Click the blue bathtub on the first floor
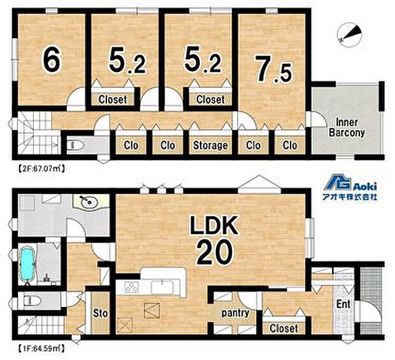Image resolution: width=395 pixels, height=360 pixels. click(x=27, y=264)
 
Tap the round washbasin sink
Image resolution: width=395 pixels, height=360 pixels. click(x=87, y=202)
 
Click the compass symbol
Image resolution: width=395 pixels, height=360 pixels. click(x=350, y=36)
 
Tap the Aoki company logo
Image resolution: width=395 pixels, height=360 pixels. click(x=350, y=187)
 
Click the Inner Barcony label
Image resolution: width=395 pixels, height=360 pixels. click(x=347, y=127)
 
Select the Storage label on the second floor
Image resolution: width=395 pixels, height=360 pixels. click(x=210, y=145)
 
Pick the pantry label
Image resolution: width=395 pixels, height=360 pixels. click(x=235, y=313)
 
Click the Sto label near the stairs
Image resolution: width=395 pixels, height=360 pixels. click(x=100, y=313)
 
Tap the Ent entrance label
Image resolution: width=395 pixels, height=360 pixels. click(x=343, y=304)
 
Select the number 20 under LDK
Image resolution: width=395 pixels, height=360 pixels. click(x=215, y=252)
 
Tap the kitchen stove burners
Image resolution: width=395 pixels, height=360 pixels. click(x=131, y=287)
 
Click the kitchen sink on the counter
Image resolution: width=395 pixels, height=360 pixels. click(x=162, y=287)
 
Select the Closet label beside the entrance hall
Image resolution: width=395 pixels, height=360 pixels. click(x=284, y=328)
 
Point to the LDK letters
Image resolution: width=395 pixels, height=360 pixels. click(x=214, y=225)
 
